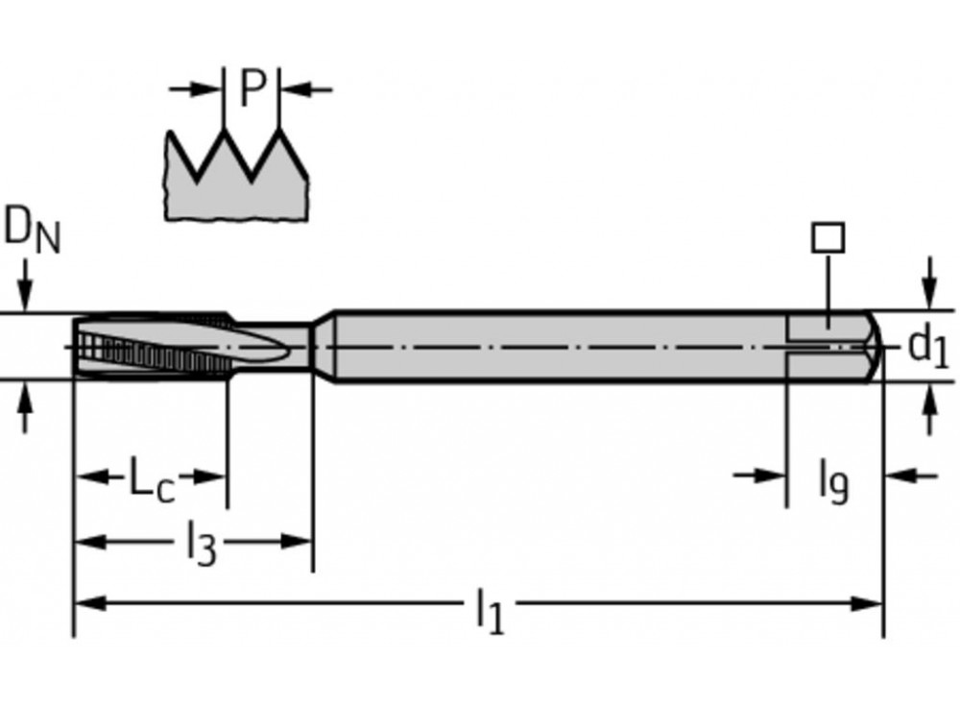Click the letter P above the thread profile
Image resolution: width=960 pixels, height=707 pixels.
tap(251, 89)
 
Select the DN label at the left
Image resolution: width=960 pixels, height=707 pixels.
tap(31, 232)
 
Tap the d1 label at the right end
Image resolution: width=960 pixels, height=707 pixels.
tap(927, 347)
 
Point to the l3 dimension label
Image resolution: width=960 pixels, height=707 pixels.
tap(200, 544)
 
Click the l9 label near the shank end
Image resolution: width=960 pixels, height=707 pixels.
tap(833, 480)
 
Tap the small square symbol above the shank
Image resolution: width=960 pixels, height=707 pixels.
tap(828, 237)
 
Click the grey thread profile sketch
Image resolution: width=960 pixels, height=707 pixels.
tap(236, 183)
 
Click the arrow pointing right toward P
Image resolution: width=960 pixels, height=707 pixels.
tap(205, 89)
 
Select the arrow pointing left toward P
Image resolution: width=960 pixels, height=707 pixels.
tap(297, 89)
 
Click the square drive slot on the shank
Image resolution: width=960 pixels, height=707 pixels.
tap(826, 346)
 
